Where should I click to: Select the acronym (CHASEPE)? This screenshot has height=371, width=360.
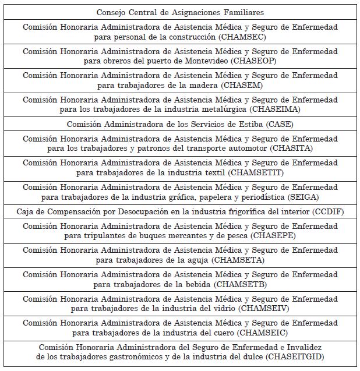click(271, 236)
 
